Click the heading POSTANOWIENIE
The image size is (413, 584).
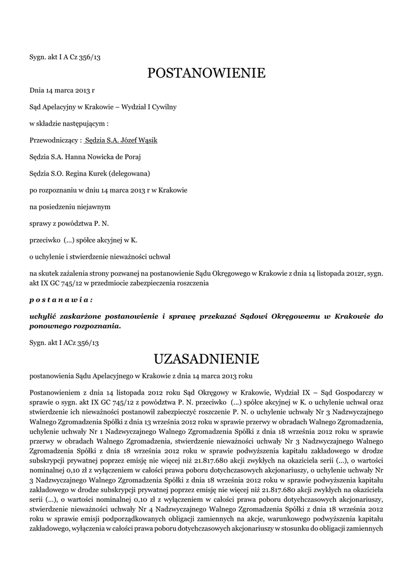(206, 73)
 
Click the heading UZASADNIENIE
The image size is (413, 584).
(206, 359)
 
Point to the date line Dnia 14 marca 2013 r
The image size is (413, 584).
(62, 90)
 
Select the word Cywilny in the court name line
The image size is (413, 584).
(163, 107)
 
